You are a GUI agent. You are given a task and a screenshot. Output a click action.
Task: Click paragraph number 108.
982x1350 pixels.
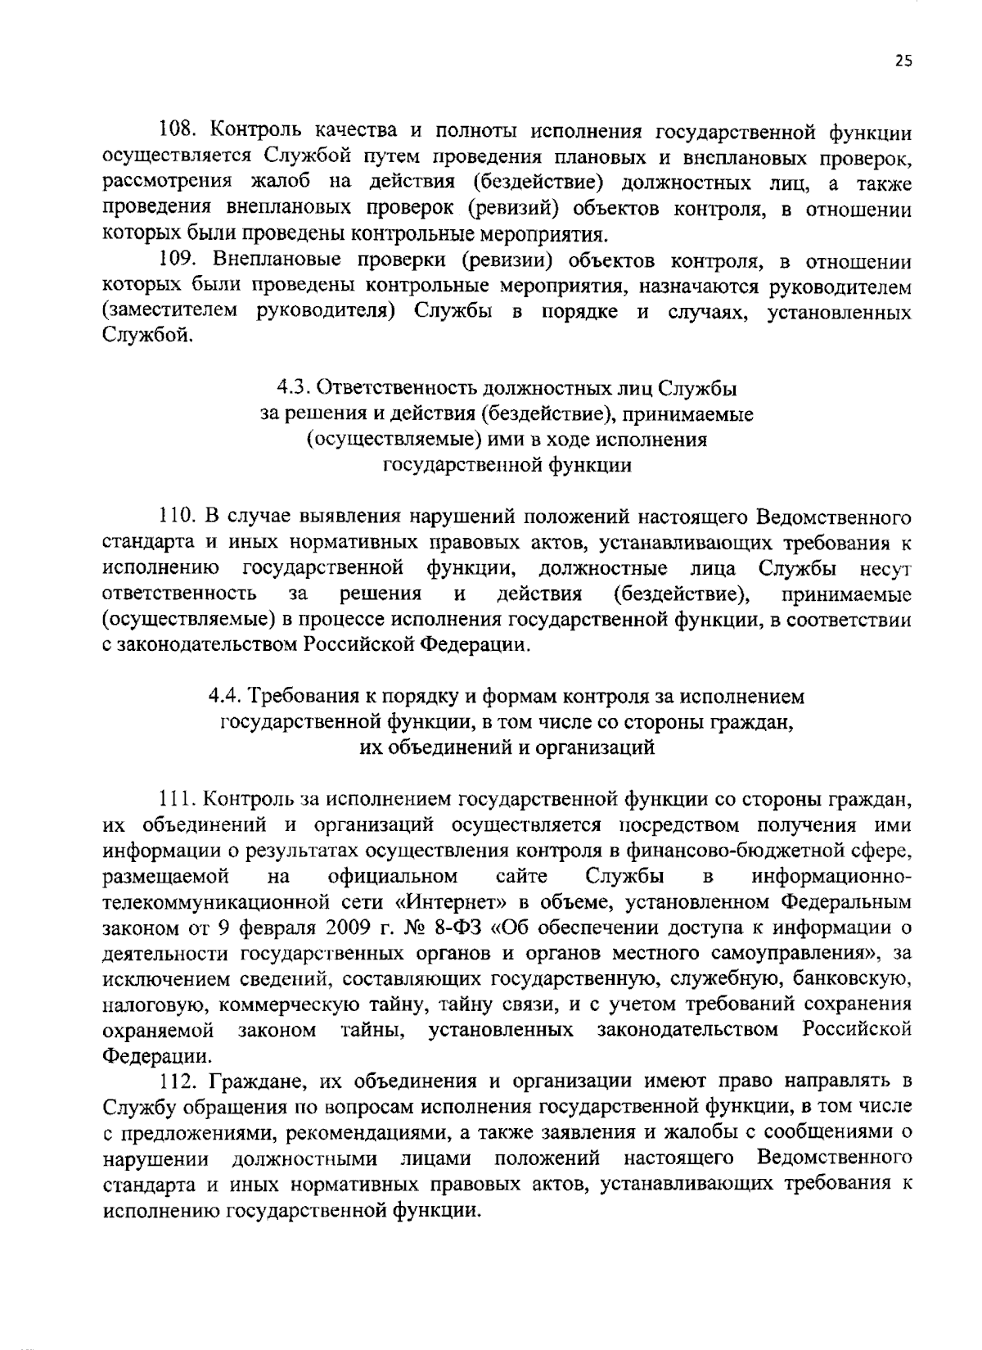(174, 130)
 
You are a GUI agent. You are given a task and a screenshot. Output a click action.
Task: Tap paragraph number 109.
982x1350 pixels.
(174, 261)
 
